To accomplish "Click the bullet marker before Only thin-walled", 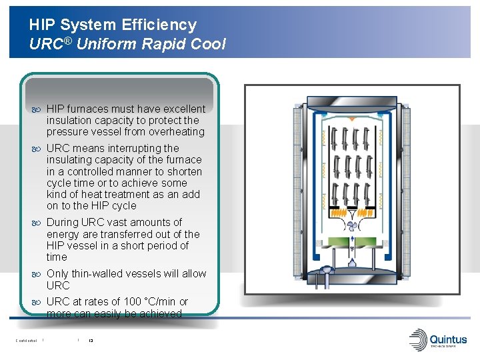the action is click(37, 274).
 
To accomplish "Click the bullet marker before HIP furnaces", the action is click(37, 109).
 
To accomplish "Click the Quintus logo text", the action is click(448, 340).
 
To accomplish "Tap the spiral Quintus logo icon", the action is click(419, 338).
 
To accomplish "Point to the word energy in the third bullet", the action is click(62, 234).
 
